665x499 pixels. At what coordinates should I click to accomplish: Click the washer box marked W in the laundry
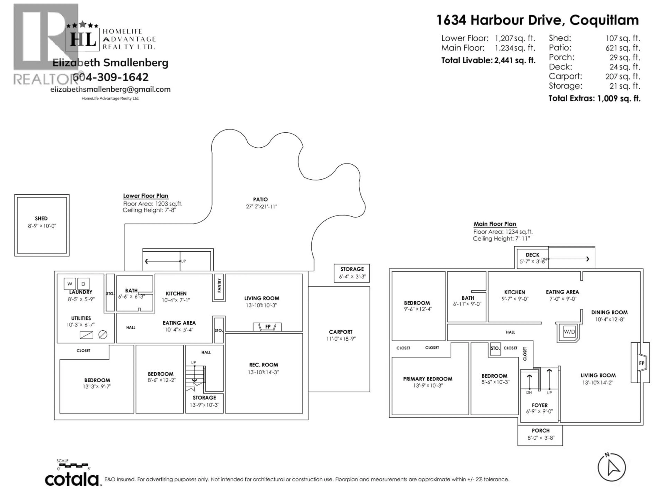click(x=70, y=284)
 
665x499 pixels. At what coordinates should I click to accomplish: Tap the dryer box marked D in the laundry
click(x=83, y=284)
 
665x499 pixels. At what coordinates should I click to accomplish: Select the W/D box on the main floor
click(x=569, y=332)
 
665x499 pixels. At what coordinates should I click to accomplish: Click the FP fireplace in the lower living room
click(x=268, y=327)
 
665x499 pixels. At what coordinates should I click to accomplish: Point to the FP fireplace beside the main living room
click(x=642, y=363)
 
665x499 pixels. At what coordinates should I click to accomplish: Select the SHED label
click(x=41, y=218)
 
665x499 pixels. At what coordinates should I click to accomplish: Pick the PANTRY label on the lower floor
click(x=219, y=285)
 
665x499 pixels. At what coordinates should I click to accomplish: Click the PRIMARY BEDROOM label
click(x=428, y=379)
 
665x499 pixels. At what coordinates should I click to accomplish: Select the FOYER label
click(x=540, y=405)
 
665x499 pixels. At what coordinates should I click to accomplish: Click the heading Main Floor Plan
click(x=495, y=224)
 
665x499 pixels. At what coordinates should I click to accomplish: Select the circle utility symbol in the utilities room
click(x=103, y=334)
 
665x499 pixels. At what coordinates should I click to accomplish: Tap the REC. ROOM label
click(x=263, y=365)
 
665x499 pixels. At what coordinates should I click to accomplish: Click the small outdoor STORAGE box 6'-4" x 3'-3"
click(x=352, y=273)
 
